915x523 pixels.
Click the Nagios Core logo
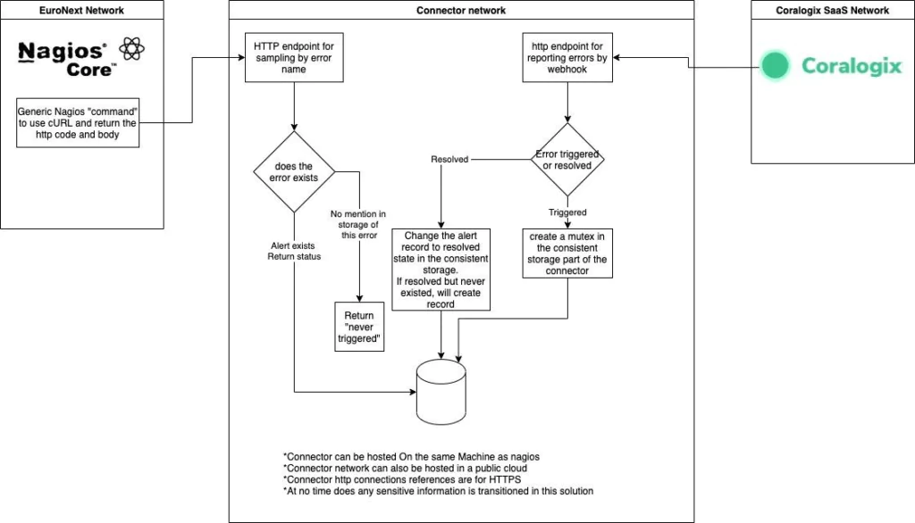81,58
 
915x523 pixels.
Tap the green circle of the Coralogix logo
775,65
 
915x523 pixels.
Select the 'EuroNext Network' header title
81,11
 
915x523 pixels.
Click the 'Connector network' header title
461,11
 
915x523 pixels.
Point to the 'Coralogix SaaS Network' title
832,11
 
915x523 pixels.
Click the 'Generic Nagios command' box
78,123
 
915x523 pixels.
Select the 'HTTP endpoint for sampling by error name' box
294,58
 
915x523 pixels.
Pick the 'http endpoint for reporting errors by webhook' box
567,58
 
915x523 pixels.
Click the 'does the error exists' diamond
294,172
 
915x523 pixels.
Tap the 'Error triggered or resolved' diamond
567,159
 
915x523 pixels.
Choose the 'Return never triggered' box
359,327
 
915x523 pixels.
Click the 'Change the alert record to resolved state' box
441,270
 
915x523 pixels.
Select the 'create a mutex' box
567,253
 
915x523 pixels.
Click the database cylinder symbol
441,392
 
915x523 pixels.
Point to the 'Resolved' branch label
449,159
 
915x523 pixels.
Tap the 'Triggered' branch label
567,212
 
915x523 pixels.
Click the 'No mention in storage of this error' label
358,225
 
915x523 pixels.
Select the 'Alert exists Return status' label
294,252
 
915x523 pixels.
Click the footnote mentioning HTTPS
402,480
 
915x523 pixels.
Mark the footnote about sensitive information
438,491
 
